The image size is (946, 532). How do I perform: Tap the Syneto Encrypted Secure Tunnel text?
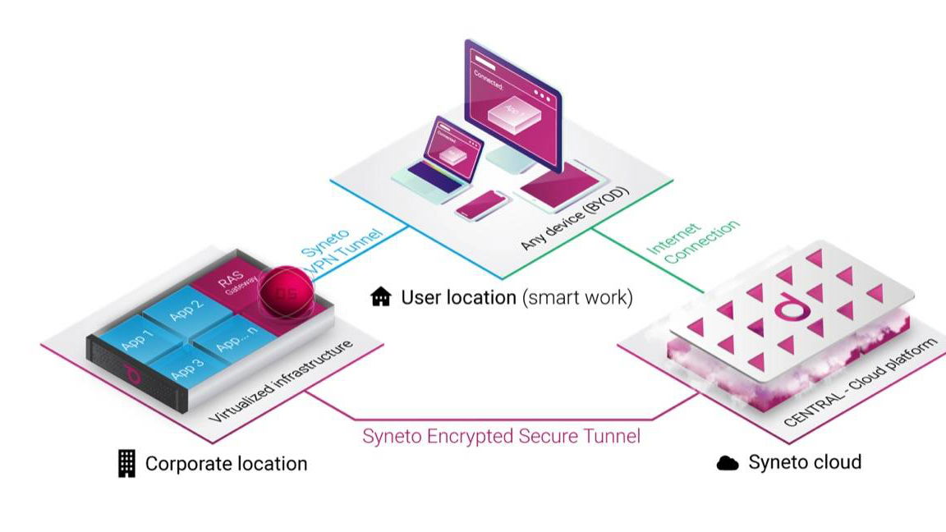501,435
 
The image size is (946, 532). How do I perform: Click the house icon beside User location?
381,296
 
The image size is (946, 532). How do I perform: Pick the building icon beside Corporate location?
126,464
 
